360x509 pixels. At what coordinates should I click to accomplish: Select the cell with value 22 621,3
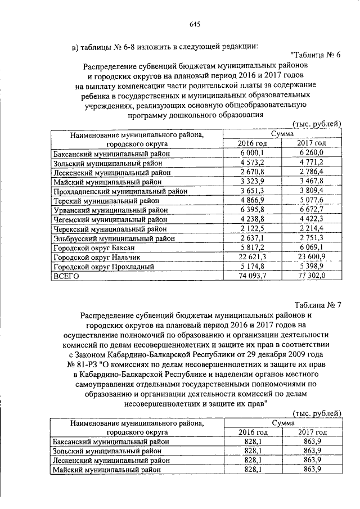pos(252,257)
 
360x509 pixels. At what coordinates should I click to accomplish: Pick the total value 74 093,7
pos(252,276)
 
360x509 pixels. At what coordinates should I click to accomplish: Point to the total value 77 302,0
pos(312,276)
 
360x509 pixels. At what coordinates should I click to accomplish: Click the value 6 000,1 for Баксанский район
pos(252,153)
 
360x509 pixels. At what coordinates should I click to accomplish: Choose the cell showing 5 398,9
pos(312,267)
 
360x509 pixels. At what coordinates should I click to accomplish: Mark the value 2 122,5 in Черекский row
pos(252,229)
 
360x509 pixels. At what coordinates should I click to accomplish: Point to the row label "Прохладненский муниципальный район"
pos(119,191)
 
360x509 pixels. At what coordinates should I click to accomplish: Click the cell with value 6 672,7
pos(312,210)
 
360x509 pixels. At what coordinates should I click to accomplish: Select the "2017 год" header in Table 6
pos(312,143)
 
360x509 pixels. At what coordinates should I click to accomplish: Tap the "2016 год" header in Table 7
pos(252,431)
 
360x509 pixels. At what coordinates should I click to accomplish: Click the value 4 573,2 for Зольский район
pos(252,163)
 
